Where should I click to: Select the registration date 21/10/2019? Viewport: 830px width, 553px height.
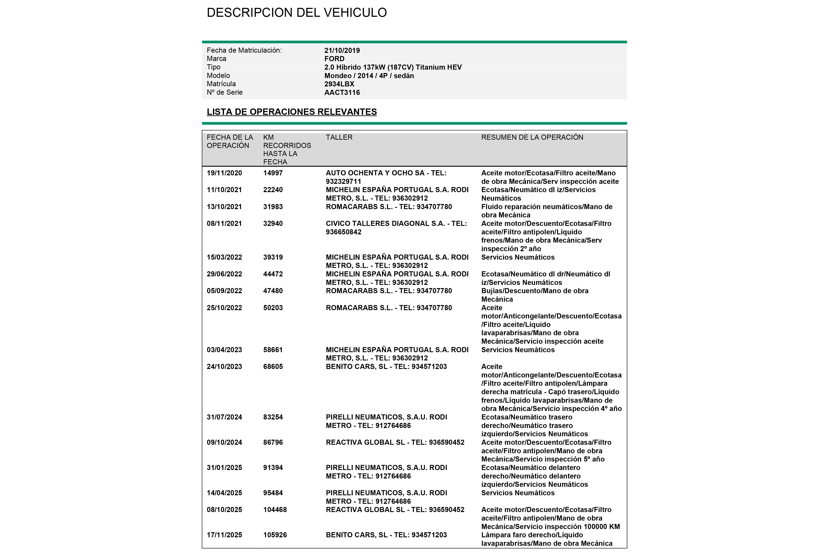[342, 51]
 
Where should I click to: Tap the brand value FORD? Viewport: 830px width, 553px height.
[334, 59]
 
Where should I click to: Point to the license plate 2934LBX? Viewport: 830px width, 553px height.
[339, 84]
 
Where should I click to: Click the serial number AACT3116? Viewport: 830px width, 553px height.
[342, 92]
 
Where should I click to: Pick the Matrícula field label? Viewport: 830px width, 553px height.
[221, 84]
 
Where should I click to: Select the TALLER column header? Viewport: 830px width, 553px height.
[339, 137]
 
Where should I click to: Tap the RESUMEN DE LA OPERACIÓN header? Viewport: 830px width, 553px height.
[532, 137]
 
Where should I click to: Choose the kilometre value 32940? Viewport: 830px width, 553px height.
[273, 223]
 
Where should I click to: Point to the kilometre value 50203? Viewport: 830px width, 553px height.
[273, 308]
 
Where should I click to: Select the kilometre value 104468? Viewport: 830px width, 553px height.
[275, 510]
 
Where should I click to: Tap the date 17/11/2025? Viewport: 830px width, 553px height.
[224, 535]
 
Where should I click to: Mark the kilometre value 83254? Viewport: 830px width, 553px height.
[273, 417]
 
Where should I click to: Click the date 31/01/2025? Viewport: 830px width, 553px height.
[224, 468]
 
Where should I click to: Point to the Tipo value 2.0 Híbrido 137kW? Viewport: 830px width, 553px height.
[393, 67]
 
